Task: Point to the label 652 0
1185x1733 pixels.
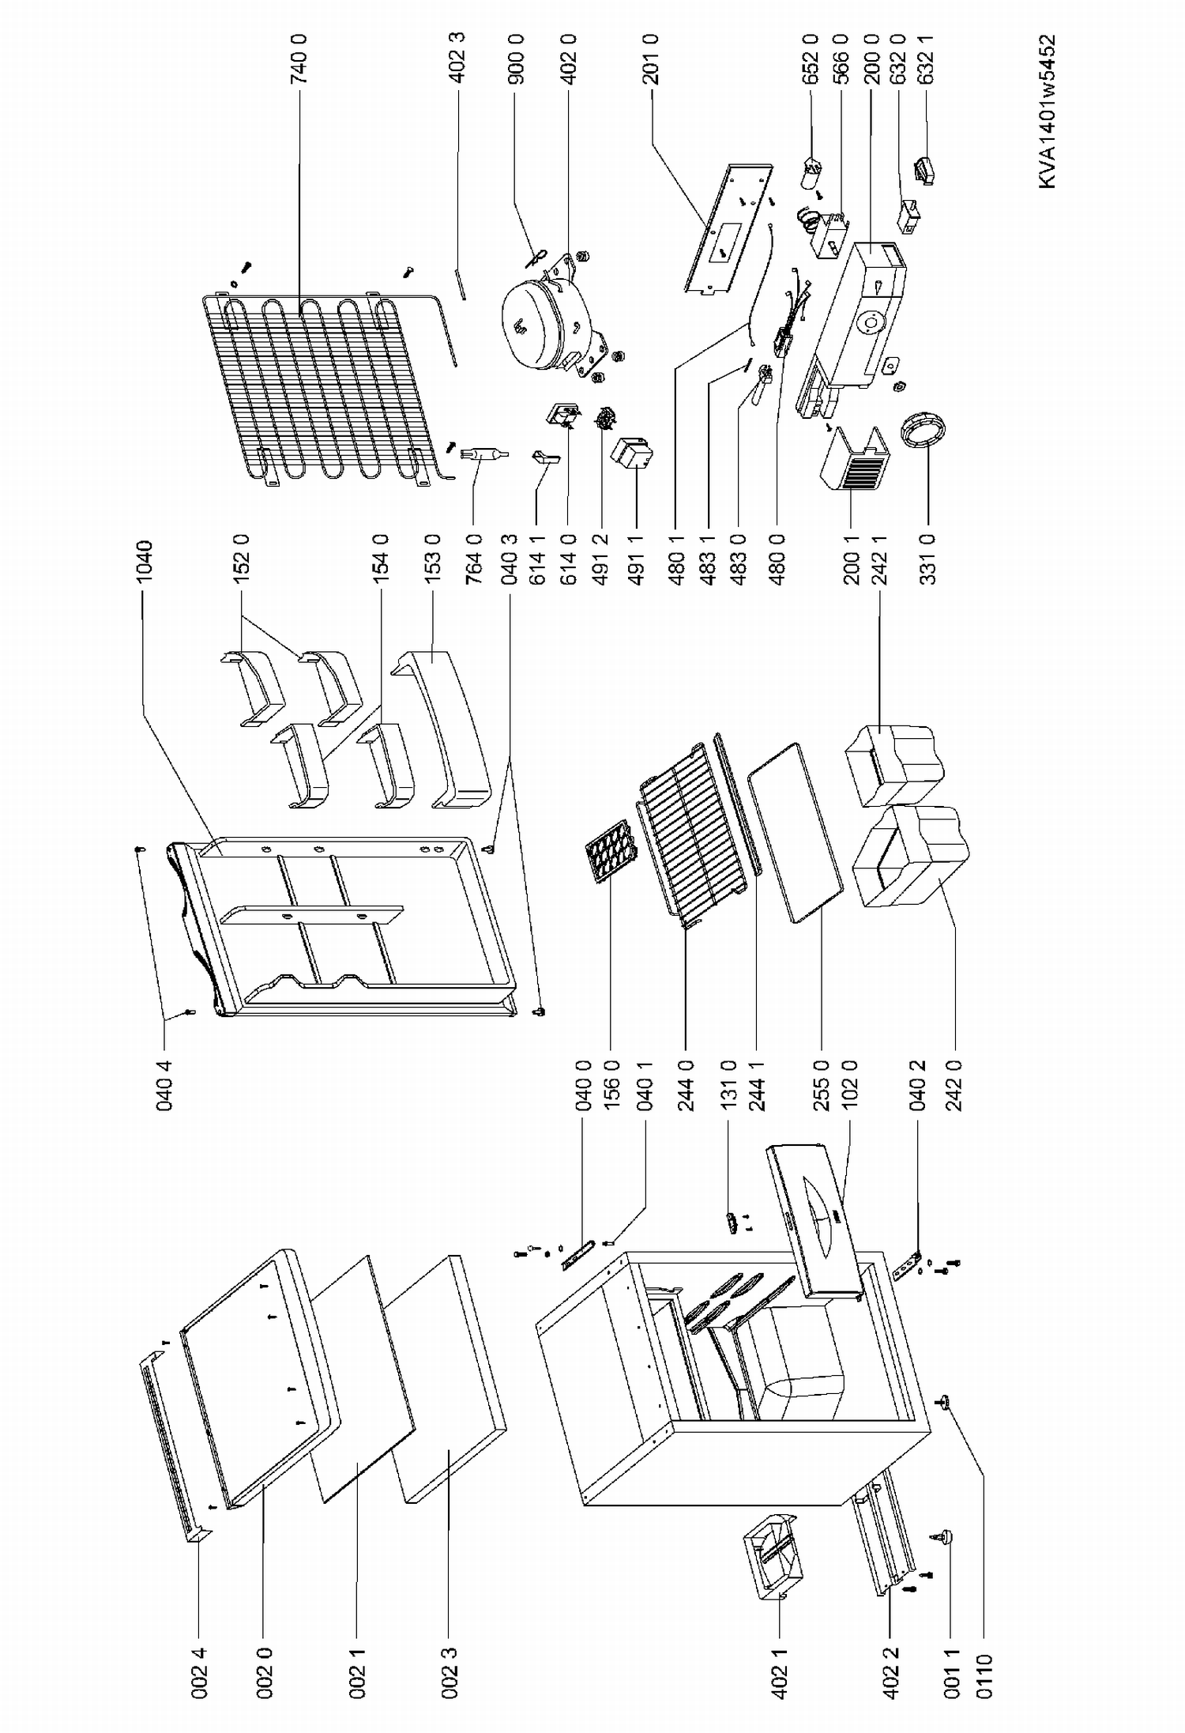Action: pos(811,60)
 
